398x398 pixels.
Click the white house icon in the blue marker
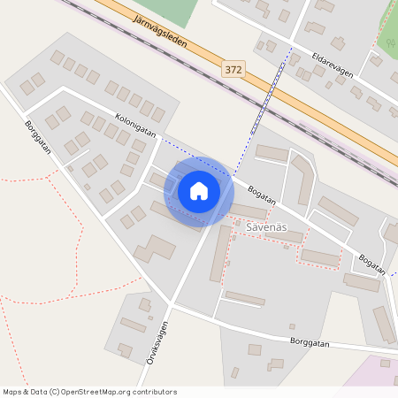click(x=199, y=191)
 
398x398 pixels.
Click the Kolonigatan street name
click(x=135, y=125)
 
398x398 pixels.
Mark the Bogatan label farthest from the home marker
click(x=373, y=263)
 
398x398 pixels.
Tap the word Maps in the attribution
click(x=13, y=392)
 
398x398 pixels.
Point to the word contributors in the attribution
click(x=155, y=392)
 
